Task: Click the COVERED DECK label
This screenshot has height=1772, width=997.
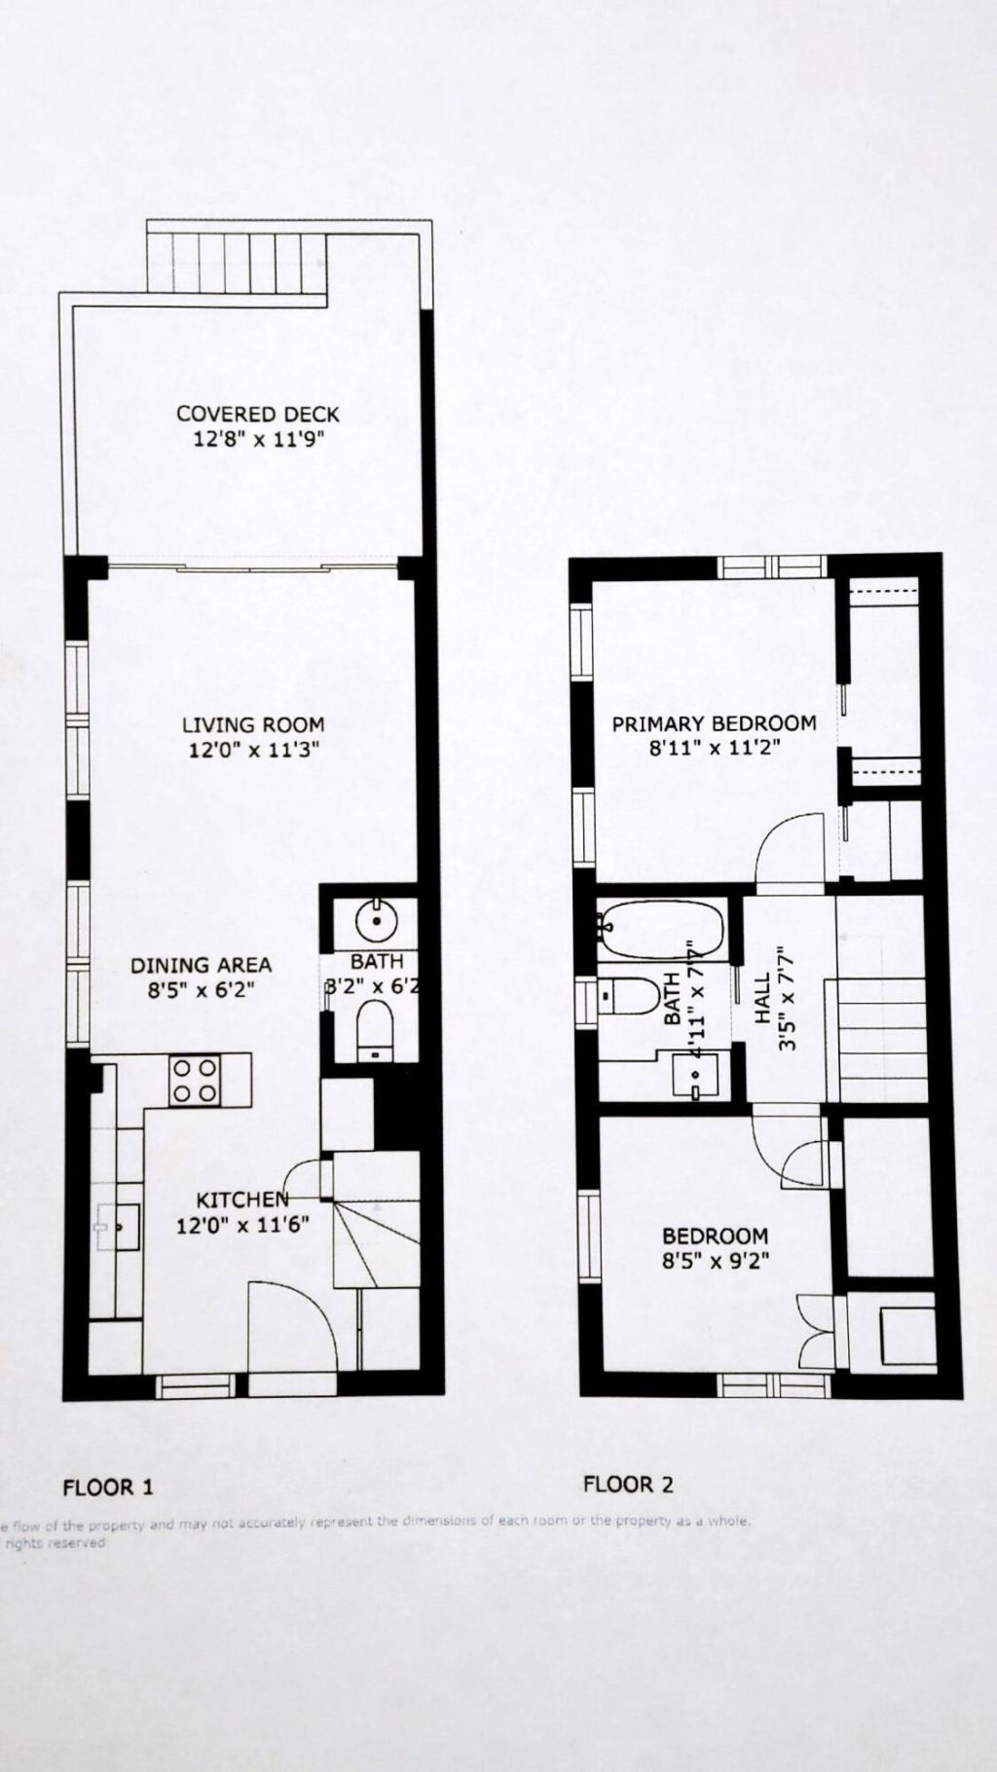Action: [258, 414]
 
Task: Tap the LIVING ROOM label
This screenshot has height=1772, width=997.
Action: [253, 724]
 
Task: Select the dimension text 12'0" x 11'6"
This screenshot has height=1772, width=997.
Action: [242, 1224]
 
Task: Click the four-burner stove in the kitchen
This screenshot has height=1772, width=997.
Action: [194, 1081]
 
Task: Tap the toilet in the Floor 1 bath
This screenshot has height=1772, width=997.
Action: [373, 1031]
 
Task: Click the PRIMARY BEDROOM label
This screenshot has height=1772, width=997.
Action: [713, 723]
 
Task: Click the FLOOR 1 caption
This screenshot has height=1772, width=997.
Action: [108, 1487]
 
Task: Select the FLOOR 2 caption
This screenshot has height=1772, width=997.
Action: [628, 1484]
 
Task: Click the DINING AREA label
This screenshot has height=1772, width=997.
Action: [201, 965]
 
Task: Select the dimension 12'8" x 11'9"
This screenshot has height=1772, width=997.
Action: [258, 439]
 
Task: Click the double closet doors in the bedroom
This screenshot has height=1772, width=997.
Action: [816, 1332]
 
